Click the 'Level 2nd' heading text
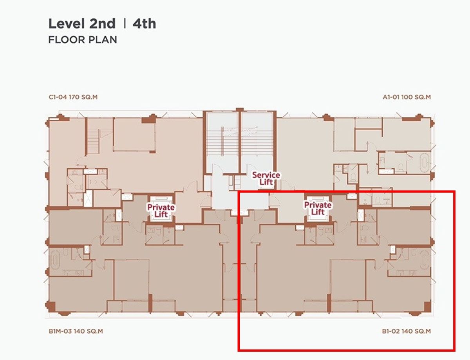(82, 24)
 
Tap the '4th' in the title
(144, 24)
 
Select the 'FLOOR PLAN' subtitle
(83, 40)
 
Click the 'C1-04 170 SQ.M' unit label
(73, 97)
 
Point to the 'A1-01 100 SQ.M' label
(407, 97)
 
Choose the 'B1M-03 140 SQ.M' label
(76, 331)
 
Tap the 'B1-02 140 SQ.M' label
(407, 331)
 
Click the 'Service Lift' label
(266, 178)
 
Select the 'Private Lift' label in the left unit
(161, 211)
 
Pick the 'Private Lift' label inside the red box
(318, 209)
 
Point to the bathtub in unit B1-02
(424, 260)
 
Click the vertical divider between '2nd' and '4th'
(125, 23)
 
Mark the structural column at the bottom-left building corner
(51, 306)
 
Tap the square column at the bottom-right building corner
(427, 307)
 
